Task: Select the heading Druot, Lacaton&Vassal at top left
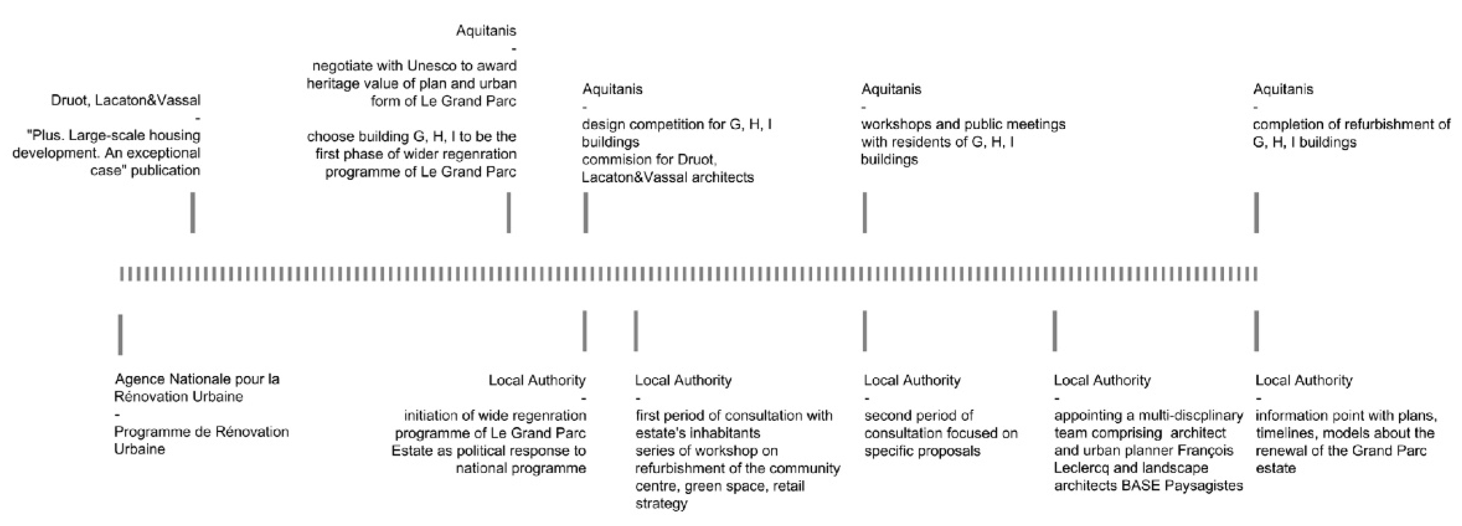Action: point(125,100)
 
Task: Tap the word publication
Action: point(165,171)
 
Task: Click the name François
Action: point(1205,451)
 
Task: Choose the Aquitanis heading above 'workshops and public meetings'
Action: point(891,89)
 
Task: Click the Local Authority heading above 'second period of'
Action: point(912,380)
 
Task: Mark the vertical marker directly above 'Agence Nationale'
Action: point(120,335)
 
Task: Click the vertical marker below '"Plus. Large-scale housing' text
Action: point(193,213)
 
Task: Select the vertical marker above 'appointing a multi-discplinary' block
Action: point(1054,331)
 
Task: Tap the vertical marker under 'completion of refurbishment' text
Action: point(1256,213)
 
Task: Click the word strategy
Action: point(661,503)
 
